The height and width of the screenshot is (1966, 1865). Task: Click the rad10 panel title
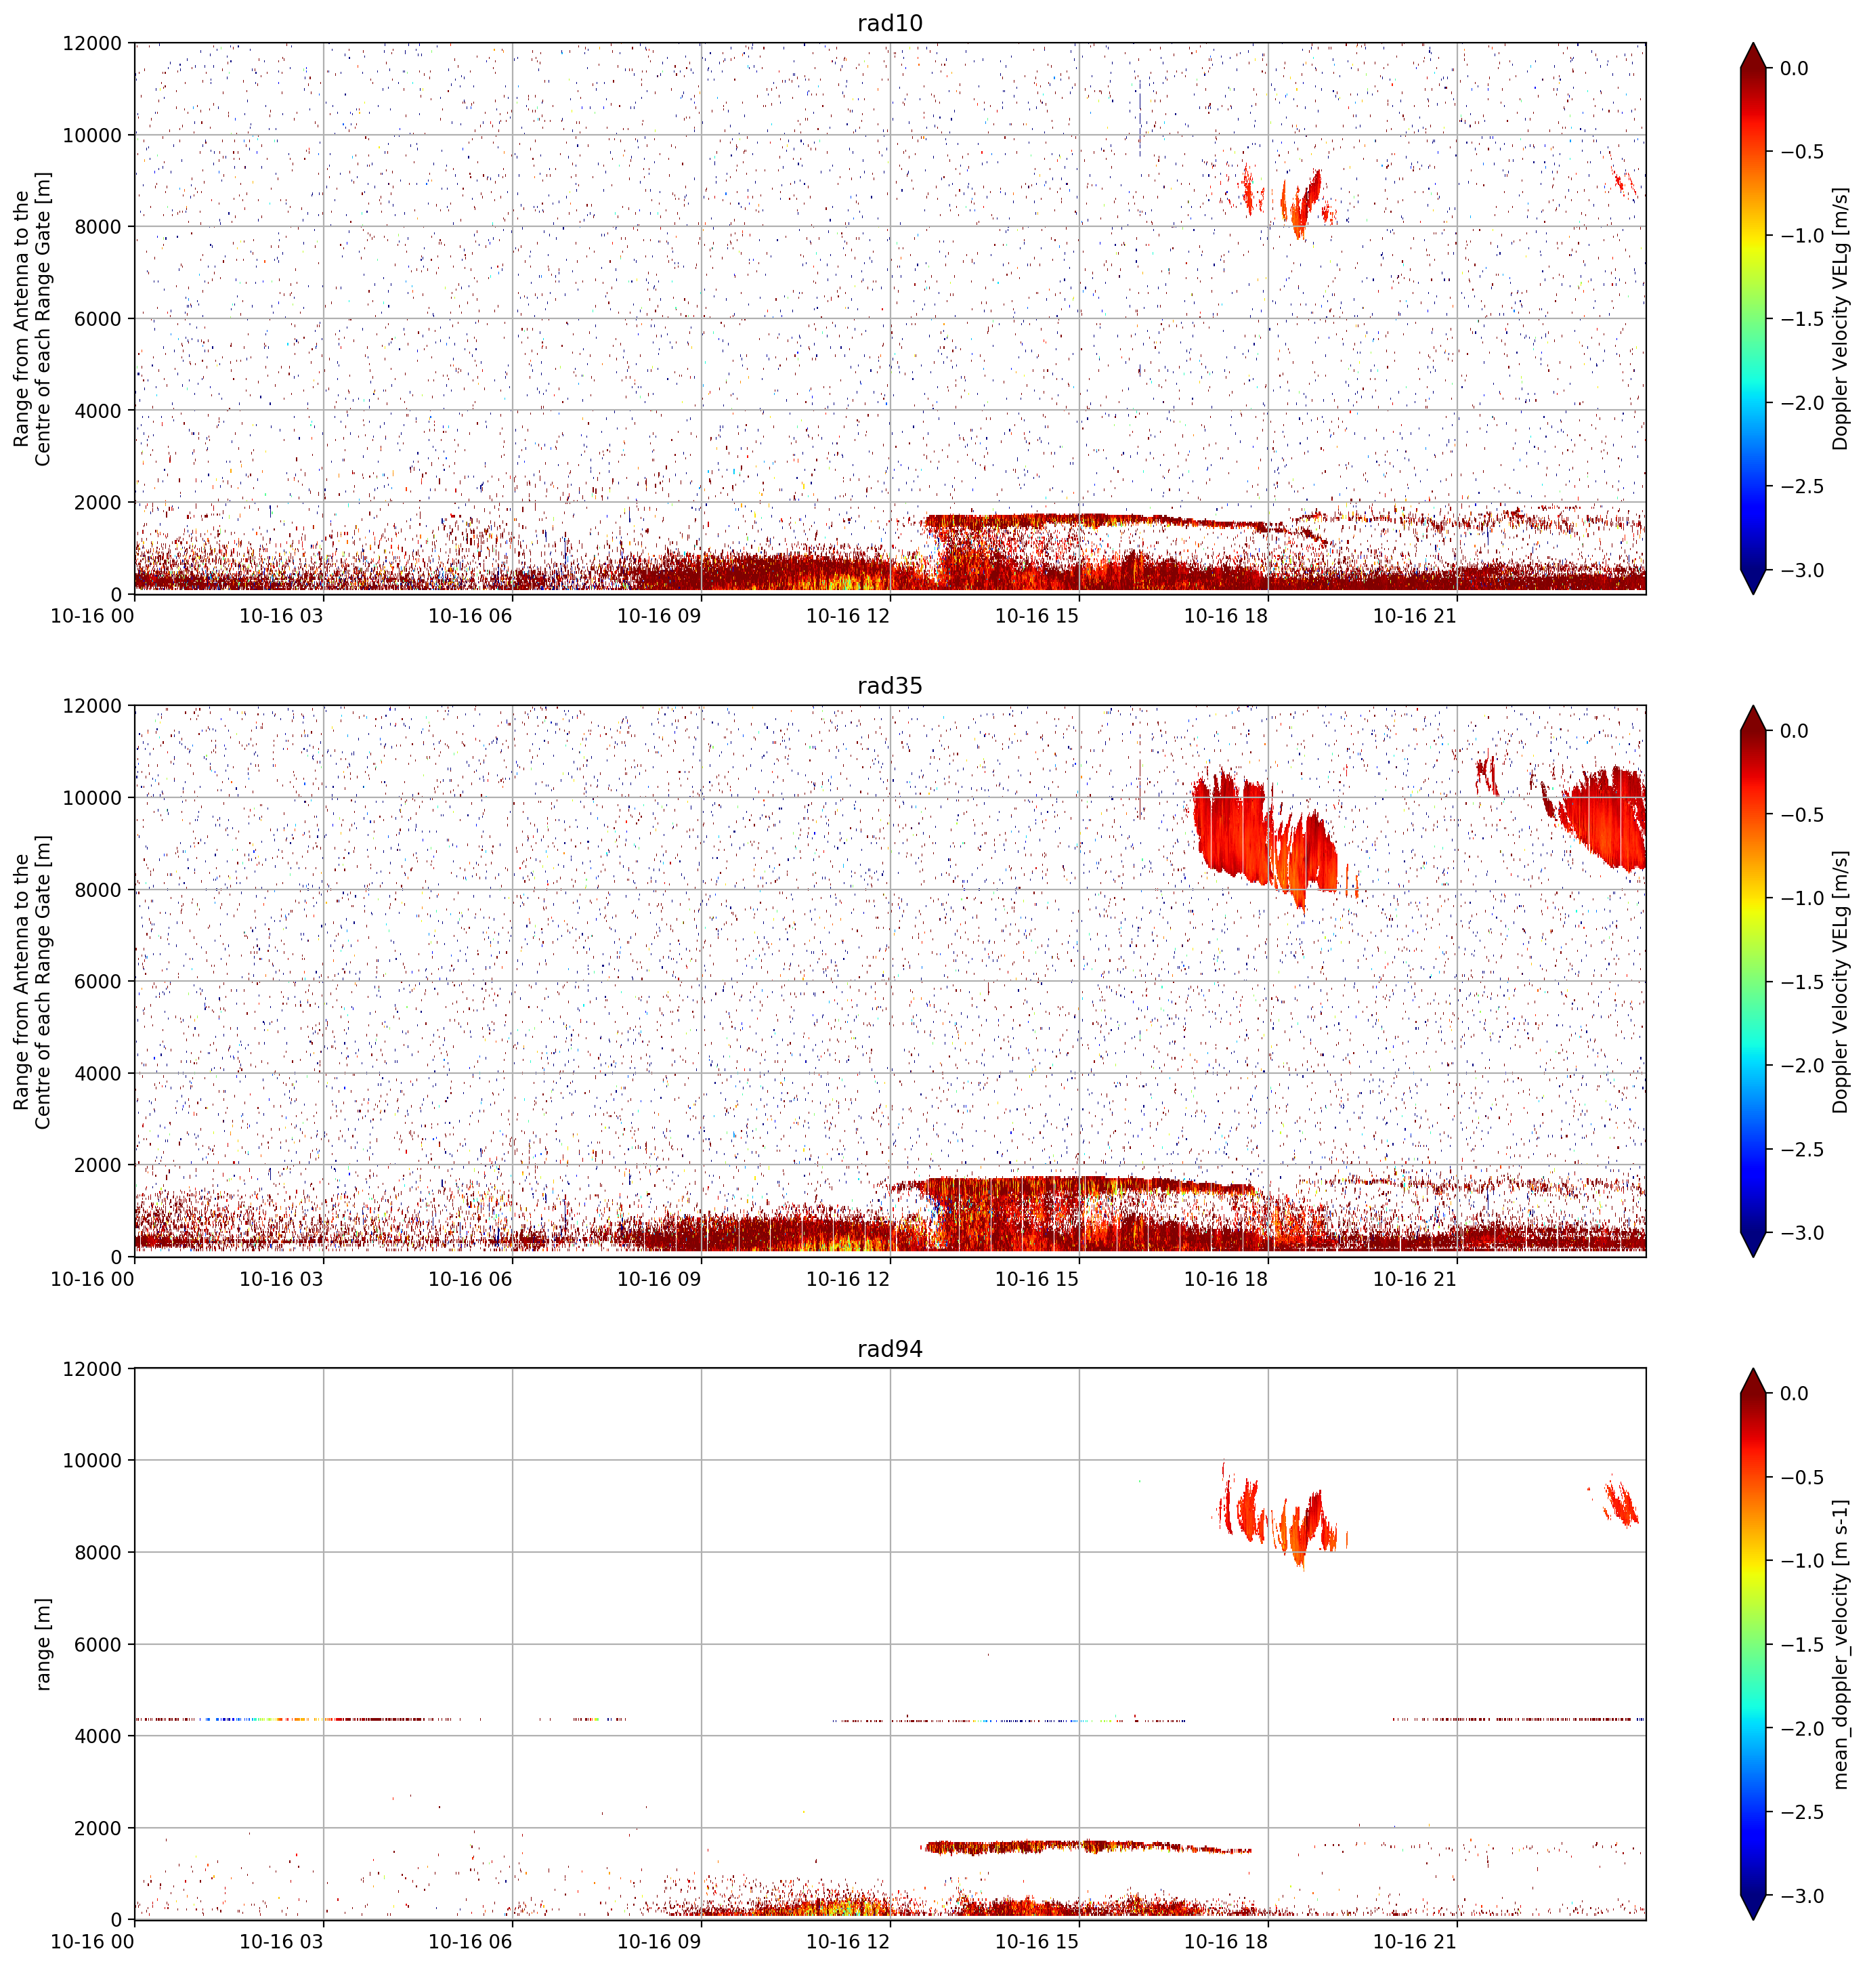pos(890,23)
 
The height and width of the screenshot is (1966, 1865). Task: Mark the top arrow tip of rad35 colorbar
pos(1753,706)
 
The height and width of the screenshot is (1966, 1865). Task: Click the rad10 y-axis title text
pos(32,318)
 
